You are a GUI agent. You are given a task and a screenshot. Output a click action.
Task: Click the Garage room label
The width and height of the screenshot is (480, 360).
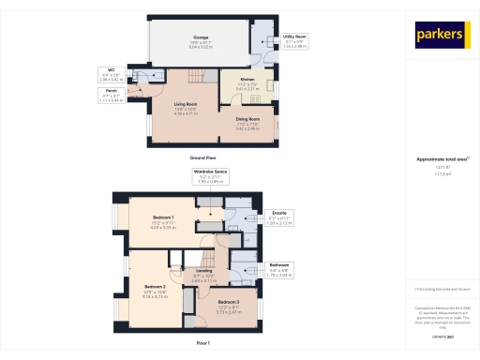click(x=201, y=40)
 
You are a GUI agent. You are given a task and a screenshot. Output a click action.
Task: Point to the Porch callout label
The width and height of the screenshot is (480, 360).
click(x=110, y=96)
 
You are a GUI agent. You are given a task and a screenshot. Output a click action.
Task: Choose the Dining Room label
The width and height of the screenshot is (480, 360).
click(x=247, y=122)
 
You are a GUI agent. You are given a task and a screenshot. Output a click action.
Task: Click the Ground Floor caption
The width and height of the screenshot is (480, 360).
click(x=203, y=157)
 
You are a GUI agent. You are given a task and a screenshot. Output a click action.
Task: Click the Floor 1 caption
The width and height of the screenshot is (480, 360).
click(x=203, y=343)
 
